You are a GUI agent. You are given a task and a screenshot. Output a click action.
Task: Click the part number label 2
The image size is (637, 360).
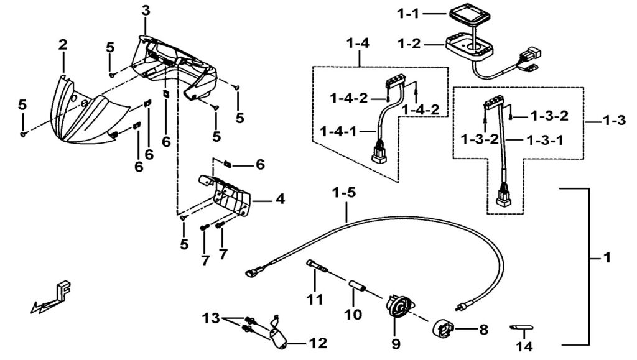63,45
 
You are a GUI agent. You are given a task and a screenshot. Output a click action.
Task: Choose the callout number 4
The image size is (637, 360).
280,200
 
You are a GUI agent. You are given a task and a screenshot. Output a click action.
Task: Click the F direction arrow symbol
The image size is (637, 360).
53,297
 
